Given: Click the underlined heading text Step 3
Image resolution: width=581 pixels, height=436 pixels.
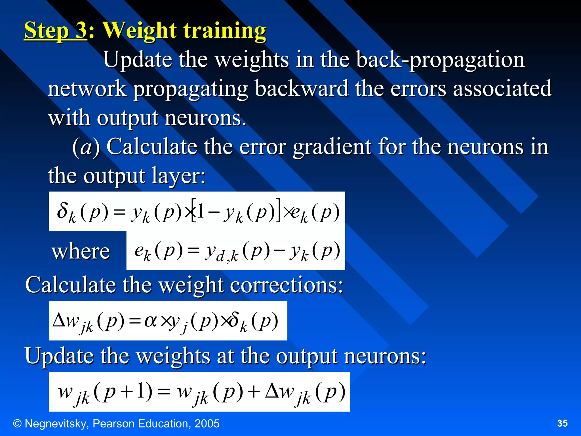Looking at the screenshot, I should (x=55, y=31).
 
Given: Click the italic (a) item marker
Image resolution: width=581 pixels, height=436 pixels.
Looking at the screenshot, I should (x=86, y=147).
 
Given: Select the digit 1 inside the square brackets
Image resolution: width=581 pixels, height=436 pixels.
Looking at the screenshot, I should (x=200, y=211).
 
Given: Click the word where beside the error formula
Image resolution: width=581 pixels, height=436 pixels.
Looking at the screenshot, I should (x=81, y=251).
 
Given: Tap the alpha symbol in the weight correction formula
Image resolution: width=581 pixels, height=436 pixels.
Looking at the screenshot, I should (x=150, y=321).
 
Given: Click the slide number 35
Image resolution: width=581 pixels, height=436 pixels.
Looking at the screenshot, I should (x=562, y=424).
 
